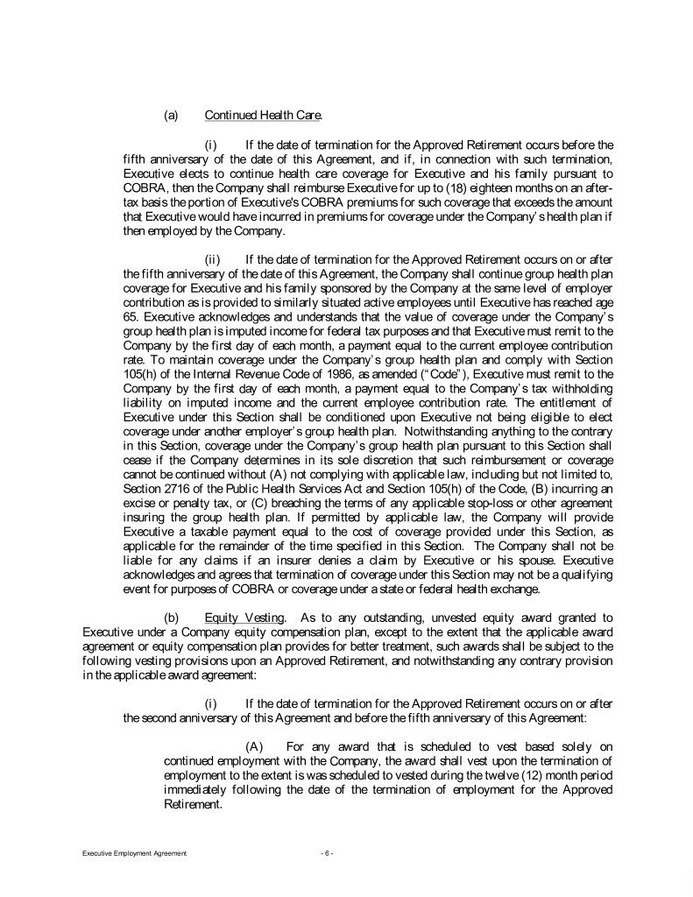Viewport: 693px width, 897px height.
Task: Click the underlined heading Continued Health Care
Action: (x=264, y=115)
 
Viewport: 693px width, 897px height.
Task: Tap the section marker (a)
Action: (x=172, y=115)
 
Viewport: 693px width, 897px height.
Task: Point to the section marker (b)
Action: (x=172, y=618)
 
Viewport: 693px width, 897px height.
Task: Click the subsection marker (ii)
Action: (x=214, y=259)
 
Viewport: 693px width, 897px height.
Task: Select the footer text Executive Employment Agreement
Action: (x=128, y=853)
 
